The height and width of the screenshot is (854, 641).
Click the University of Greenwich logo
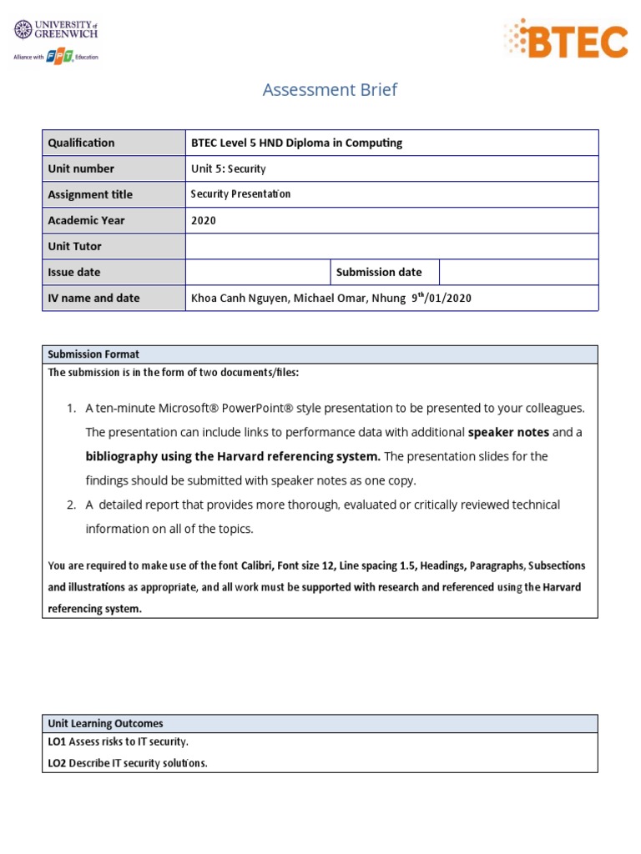56,31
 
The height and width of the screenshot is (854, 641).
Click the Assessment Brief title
330,90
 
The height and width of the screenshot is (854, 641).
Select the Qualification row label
81,143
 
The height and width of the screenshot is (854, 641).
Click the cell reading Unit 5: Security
228,168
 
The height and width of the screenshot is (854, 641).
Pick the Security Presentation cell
240,194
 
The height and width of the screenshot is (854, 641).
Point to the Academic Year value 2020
204,220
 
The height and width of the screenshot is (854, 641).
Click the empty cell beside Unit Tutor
391,246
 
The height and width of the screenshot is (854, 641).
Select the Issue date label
74,272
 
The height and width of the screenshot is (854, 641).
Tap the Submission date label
378,272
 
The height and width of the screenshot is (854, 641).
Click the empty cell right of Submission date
517,272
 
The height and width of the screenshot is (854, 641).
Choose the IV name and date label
93,298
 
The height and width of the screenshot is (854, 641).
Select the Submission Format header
93,354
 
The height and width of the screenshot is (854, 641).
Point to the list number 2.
71,505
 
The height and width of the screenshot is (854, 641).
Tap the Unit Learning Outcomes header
105,723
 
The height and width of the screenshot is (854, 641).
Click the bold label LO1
57,741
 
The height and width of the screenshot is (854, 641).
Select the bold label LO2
57,762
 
